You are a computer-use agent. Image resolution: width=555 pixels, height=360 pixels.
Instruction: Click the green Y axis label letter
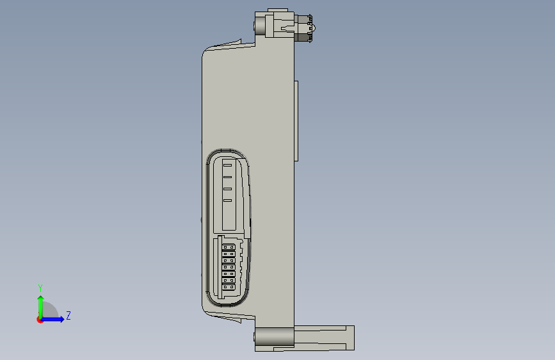click(x=40, y=288)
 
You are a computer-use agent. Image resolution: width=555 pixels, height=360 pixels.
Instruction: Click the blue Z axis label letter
click(x=68, y=315)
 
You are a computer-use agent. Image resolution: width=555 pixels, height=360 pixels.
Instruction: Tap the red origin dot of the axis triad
click(x=40, y=320)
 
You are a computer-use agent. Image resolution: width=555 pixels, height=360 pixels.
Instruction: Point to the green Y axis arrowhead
click(x=41, y=299)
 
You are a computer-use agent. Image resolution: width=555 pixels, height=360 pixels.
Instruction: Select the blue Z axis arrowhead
click(x=61, y=319)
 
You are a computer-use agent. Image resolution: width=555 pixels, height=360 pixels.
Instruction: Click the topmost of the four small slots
click(x=227, y=165)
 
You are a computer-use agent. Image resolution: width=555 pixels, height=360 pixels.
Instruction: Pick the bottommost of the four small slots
click(x=227, y=200)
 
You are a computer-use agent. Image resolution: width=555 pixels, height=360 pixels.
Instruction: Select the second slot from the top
click(x=227, y=177)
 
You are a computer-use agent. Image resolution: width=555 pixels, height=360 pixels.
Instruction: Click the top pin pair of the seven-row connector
click(x=229, y=247)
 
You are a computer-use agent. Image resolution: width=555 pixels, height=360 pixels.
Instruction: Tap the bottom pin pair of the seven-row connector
click(x=229, y=287)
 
